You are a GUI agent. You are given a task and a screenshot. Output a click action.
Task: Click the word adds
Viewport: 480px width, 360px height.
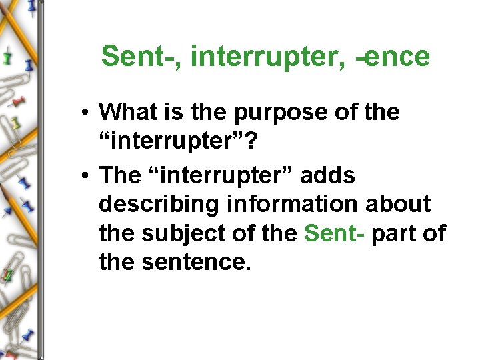328,176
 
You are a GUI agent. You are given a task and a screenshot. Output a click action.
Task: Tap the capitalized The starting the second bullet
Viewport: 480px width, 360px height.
120,176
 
